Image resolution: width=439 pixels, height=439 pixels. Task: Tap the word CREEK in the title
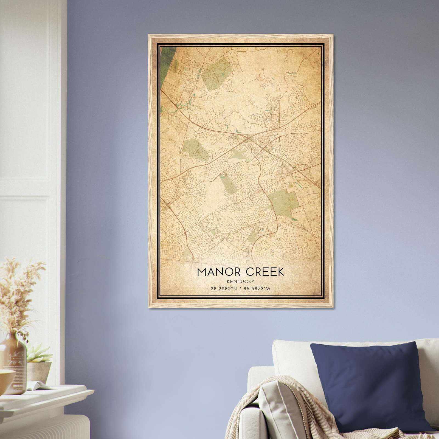(x=265, y=272)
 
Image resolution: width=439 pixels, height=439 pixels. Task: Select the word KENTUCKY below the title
(x=241, y=281)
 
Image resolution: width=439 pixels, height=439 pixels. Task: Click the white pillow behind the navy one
(x=291, y=357)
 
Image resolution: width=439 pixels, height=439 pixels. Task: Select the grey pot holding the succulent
(x=40, y=370)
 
